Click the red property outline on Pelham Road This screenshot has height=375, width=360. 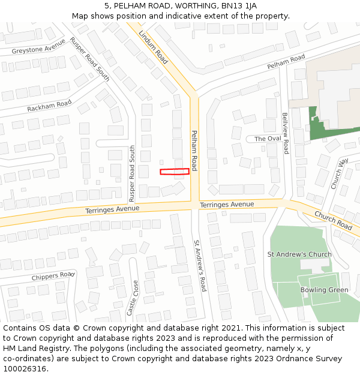(x=175, y=172)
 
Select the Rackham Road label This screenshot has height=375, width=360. (x=49, y=106)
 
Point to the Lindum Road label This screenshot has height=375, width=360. (x=153, y=47)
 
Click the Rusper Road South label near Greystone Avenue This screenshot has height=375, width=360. (x=89, y=59)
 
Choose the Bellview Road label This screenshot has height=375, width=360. (x=286, y=133)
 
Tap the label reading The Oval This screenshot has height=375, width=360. (x=268, y=139)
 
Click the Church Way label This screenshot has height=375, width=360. (x=340, y=174)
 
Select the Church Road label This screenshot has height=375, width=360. (x=333, y=221)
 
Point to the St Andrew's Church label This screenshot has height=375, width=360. (x=299, y=254)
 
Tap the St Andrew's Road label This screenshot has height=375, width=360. (x=199, y=266)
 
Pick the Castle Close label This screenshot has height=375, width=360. (x=133, y=298)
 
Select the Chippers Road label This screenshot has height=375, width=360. (x=53, y=277)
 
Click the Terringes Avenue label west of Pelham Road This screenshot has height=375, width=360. (x=112, y=209)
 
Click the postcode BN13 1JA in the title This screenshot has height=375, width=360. (x=241, y=5)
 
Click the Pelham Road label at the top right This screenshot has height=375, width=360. (x=286, y=61)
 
